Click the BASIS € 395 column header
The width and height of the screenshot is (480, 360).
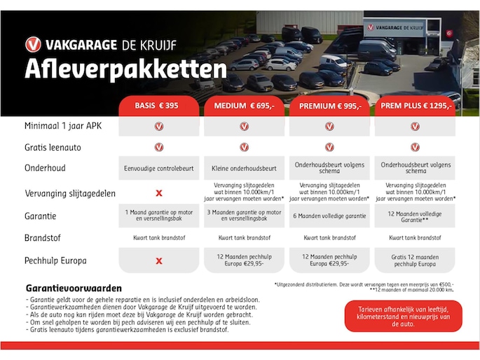click(x=159, y=106)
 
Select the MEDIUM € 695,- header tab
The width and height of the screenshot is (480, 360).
click(x=244, y=106)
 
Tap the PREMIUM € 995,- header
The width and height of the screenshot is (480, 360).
click(x=329, y=106)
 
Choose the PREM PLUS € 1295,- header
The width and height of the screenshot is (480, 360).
click(x=415, y=106)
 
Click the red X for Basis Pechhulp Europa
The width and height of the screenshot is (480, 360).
click(x=159, y=261)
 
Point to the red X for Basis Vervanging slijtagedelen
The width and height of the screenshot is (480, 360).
click(x=159, y=193)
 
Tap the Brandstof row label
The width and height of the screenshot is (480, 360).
click(x=43, y=238)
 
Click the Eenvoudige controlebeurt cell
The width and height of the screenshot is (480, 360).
click(x=159, y=169)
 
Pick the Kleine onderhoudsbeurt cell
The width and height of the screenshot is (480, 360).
click(x=244, y=169)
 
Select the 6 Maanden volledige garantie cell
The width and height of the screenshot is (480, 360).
click(x=329, y=216)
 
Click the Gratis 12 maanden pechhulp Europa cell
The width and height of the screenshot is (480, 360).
click(x=415, y=261)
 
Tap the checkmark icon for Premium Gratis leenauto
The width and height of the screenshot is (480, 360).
click(x=329, y=147)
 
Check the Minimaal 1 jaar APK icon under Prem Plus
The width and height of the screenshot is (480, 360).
click(x=415, y=126)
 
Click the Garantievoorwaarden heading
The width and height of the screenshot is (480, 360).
click(x=74, y=288)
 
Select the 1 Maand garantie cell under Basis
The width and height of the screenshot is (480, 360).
click(x=159, y=216)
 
